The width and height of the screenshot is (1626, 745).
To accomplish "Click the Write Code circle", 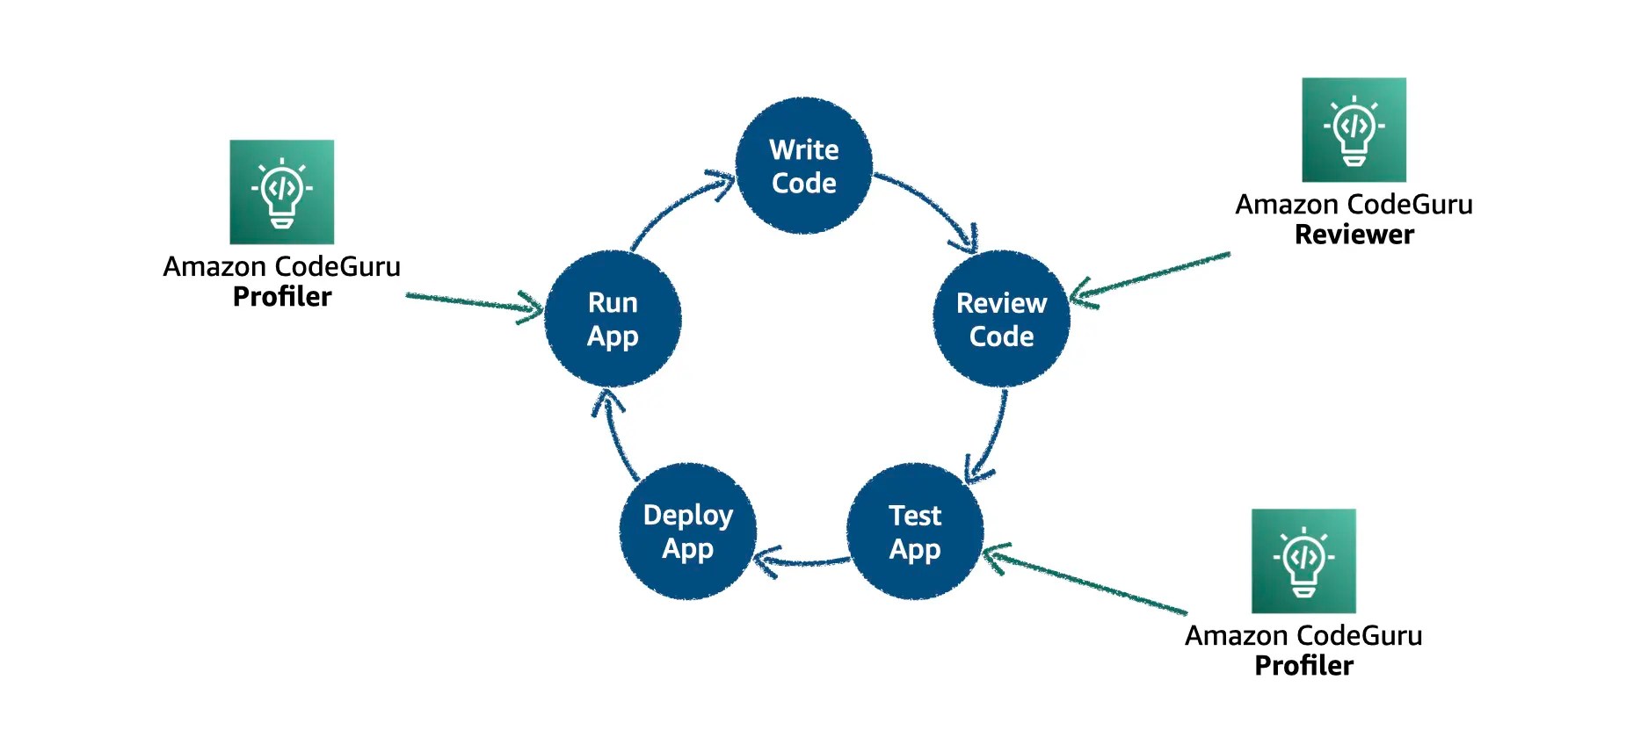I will coord(803,166).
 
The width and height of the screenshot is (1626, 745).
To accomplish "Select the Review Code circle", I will coord(1001,319).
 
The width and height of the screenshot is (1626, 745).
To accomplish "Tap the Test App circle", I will coord(914,532).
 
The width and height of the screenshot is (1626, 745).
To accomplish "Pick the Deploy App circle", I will coord(687,532).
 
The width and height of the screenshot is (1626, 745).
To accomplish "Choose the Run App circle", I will coord(613,319).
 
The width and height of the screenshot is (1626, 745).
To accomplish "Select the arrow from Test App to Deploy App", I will coord(804,561).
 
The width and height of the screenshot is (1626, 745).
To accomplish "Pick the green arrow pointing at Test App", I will coord(1085,581).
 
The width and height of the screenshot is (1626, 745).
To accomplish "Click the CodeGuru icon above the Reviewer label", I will coord(1354,130).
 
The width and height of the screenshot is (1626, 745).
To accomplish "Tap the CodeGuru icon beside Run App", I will coord(281,192).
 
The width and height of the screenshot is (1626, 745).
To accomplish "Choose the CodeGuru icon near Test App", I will coord(1303,561).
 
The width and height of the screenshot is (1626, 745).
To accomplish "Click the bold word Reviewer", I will coord(1354,235).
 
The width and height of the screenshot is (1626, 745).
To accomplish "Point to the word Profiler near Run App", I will coord(281,297).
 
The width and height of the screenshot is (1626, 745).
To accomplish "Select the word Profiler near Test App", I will coord(1303,666).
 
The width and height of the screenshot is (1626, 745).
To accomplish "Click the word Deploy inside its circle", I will coord(687,516).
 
